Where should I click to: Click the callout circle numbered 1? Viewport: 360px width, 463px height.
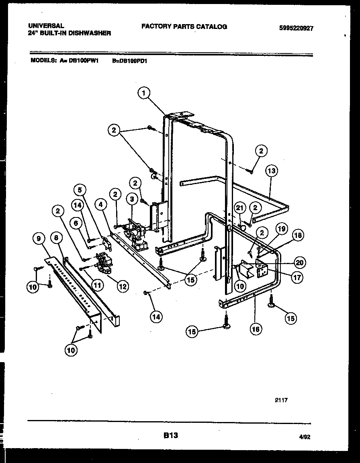[143, 93]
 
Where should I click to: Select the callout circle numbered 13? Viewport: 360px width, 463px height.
[272, 171]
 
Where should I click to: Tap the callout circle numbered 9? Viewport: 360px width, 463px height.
[38, 239]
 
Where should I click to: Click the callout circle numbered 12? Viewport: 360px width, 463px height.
[123, 286]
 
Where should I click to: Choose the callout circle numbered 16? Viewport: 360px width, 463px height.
[256, 329]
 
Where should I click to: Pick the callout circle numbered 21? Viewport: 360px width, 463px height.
[240, 208]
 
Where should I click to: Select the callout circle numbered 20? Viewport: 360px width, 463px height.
[300, 262]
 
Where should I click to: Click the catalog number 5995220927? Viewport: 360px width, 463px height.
[296, 29]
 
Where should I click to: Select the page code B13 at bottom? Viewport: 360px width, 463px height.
[171, 435]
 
